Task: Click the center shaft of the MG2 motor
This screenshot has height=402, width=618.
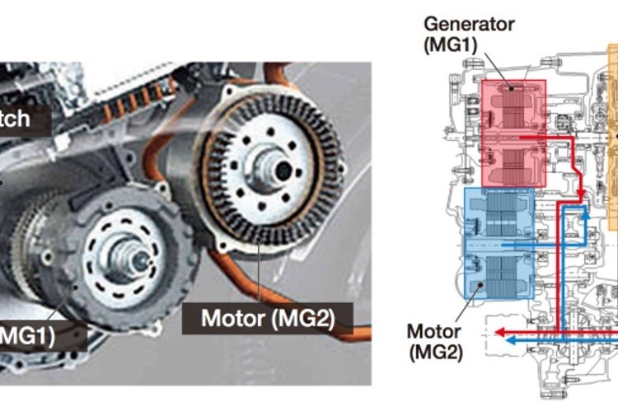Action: pyautogui.click(x=281, y=168)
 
